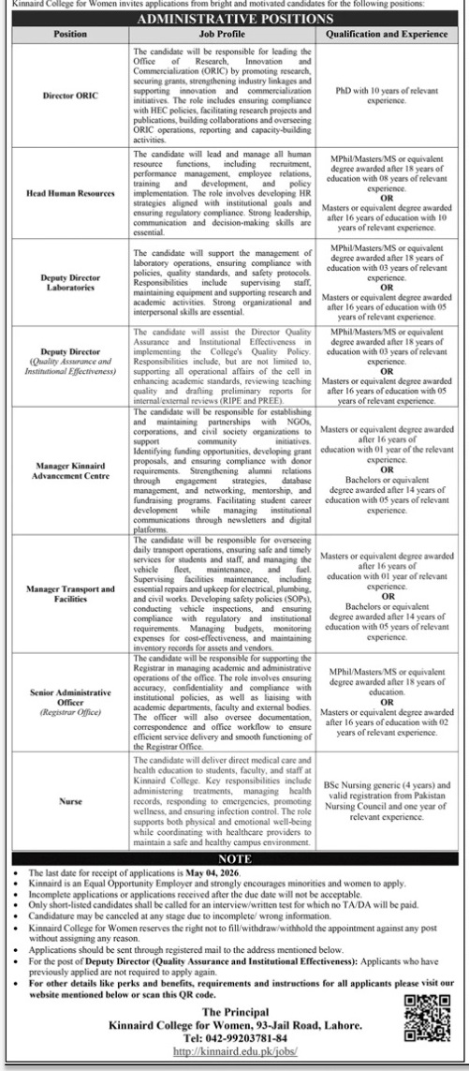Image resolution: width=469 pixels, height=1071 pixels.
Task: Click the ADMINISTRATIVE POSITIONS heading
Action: tap(234, 17)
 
